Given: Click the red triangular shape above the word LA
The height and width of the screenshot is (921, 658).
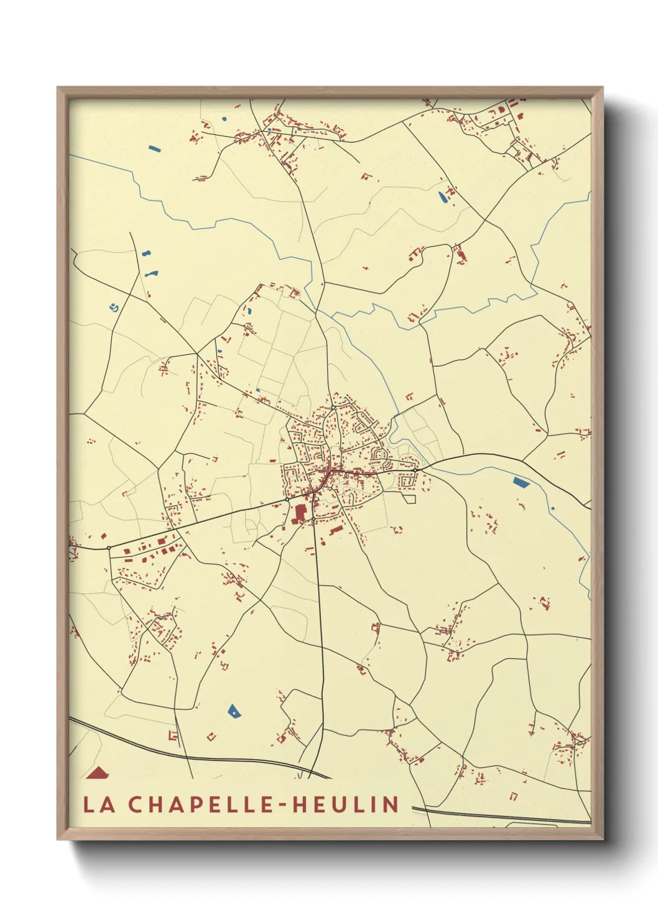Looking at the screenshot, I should [98, 773].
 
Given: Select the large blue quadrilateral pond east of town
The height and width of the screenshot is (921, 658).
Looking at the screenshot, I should [521, 481].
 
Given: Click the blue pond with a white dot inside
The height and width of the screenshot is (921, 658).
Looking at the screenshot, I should [233, 711].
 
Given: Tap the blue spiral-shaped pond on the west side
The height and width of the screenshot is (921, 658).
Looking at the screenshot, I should [113, 306].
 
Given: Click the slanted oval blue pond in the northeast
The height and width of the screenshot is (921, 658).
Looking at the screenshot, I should [442, 198].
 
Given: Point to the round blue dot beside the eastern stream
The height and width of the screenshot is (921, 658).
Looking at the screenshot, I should [552, 508].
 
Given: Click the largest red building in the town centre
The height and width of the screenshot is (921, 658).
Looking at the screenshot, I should [300, 513].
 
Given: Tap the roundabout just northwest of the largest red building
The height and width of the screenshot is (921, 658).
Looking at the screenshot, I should [287, 499].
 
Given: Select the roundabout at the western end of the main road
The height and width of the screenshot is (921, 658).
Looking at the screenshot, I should [109, 548].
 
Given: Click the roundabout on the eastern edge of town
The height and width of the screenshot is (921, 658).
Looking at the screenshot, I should [414, 471].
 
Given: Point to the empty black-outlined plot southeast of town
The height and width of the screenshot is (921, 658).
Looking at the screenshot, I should [409, 498].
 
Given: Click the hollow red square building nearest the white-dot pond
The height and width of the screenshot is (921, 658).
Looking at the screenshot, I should [211, 737].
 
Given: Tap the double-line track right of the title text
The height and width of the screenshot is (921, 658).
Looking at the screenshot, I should [498, 815].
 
